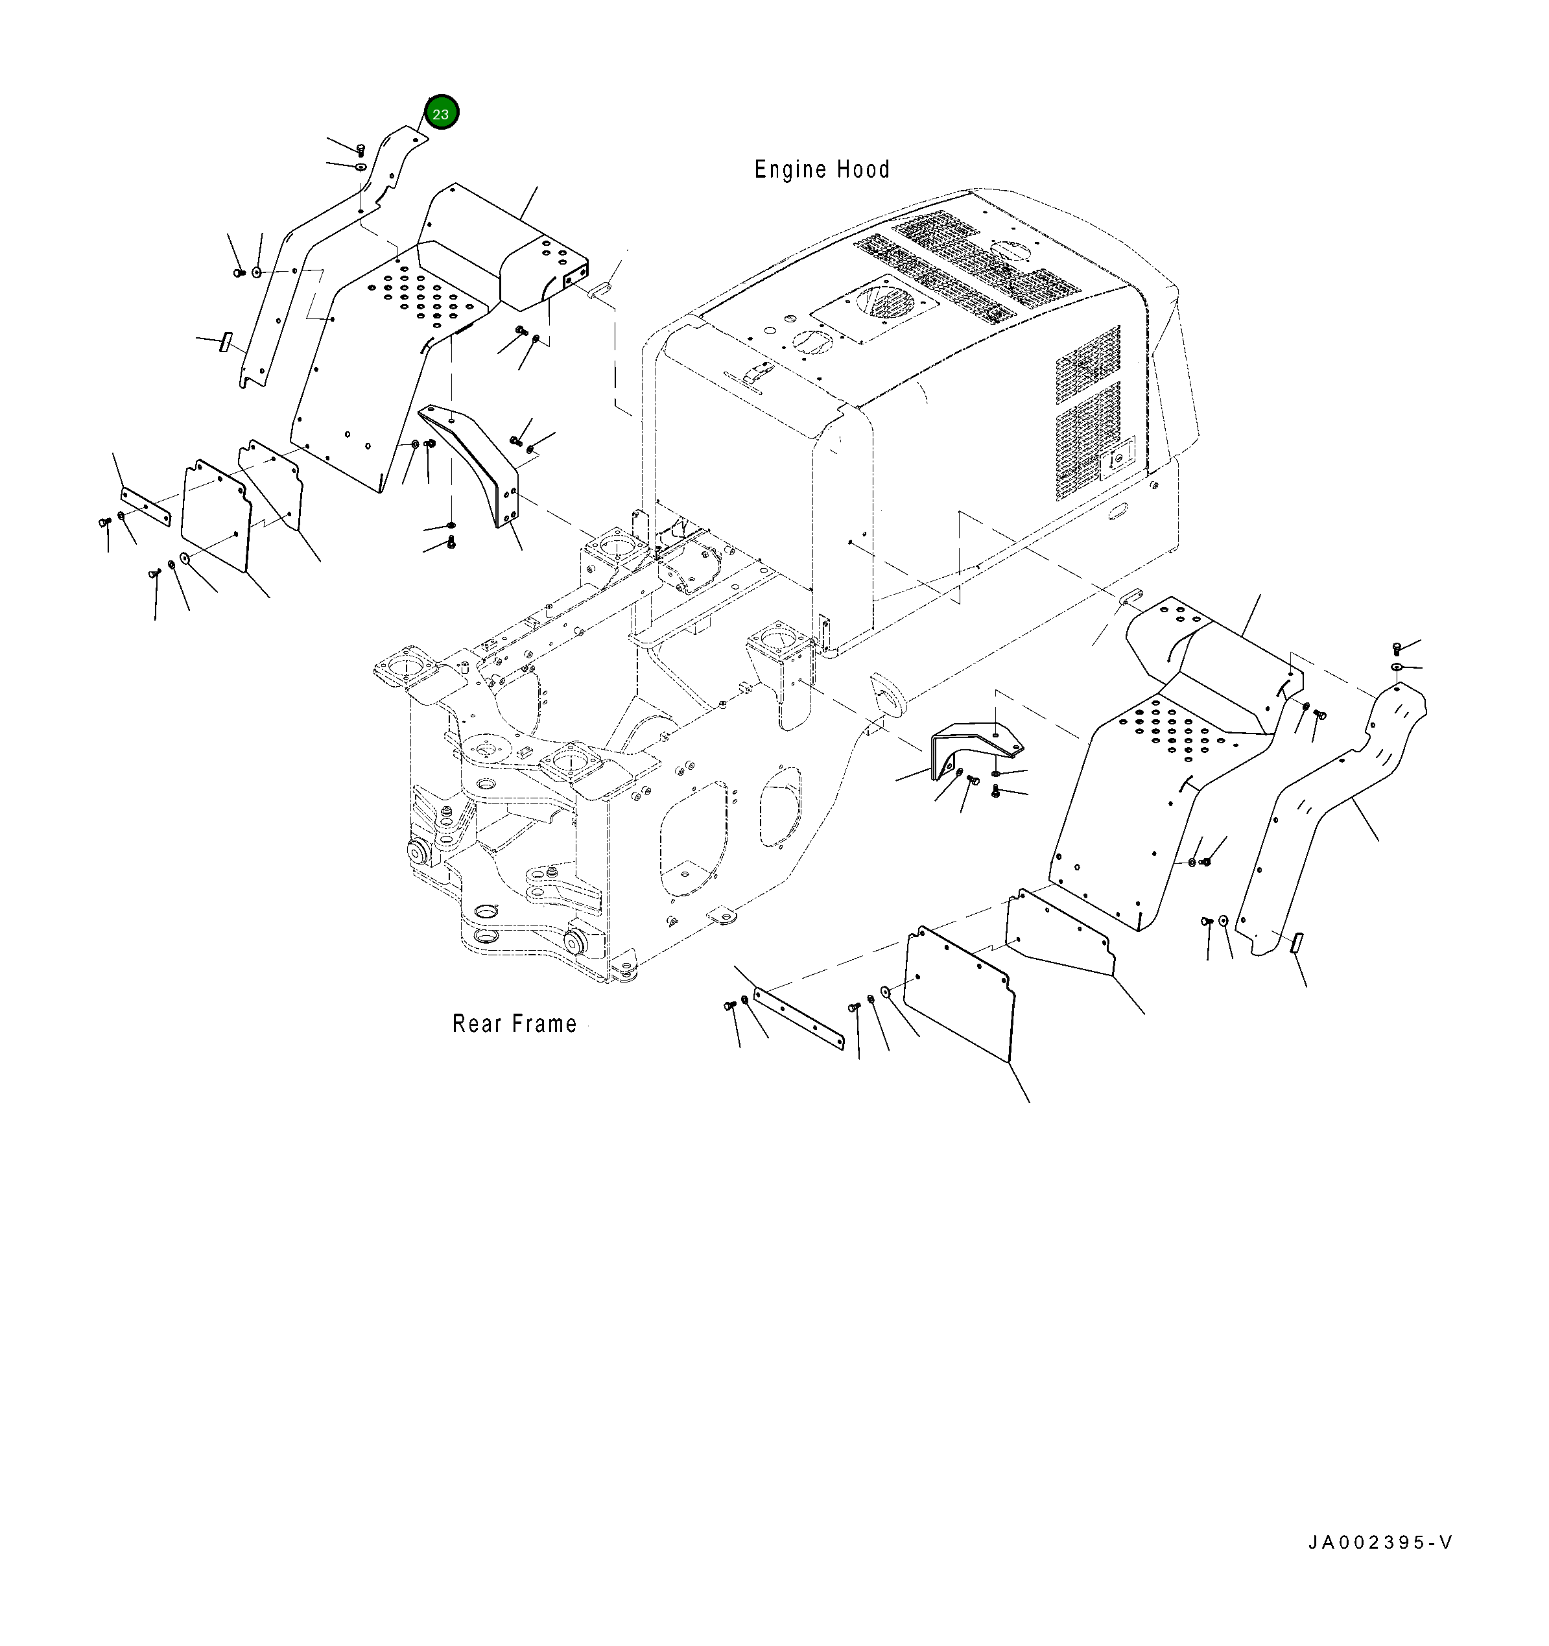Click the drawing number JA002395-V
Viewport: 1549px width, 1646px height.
pyautogui.click(x=1380, y=1542)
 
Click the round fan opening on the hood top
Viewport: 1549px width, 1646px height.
pyautogui.click(x=882, y=300)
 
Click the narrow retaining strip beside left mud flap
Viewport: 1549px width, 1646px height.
pyautogui.click(x=146, y=506)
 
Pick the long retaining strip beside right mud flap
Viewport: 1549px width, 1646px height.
pyautogui.click(x=798, y=1018)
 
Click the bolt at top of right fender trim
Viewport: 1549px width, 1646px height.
pyautogui.click(x=1397, y=647)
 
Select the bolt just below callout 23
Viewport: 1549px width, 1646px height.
pyautogui.click(x=360, y=149)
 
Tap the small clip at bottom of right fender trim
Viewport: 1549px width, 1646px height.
pyautogui.click(x=1297, y=942)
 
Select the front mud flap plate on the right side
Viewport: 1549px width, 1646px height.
pyautogui.click(x=960, y=991)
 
